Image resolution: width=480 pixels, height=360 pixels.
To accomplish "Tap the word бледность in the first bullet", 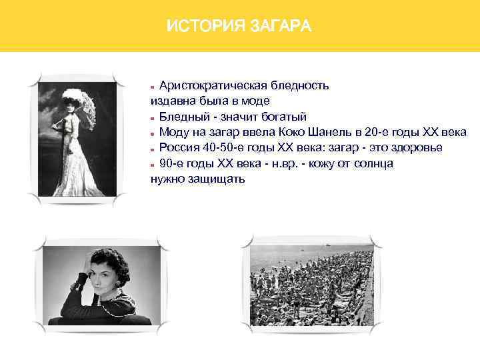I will tap(297, 86).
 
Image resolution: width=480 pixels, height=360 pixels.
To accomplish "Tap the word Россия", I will tap(179, 147).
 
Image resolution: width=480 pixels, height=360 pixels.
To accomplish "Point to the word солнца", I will tap(373, 163).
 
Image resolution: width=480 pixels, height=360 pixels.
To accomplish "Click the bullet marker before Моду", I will tap(153, 133).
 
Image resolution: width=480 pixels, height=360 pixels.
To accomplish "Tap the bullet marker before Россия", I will tap(153, 148).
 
